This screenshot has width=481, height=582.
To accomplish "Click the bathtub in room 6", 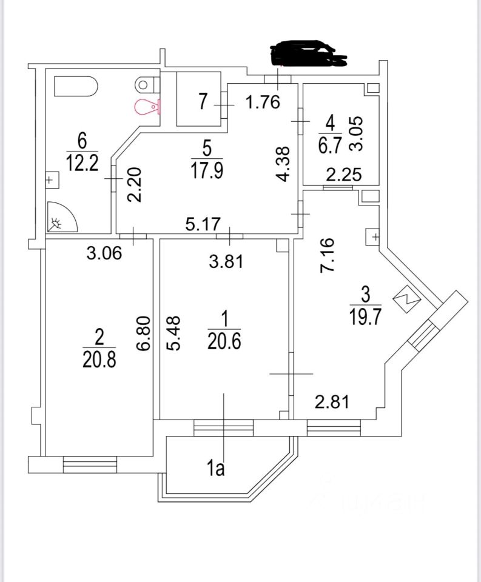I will tap(76, 86).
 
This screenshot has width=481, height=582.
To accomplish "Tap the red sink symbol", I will tap(147, 107).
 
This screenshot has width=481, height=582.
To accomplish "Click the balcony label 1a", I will tap(215, 469).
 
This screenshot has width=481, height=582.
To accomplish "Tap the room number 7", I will tap(203, 101).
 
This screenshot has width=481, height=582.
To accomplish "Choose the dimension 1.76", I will tap(263, 102).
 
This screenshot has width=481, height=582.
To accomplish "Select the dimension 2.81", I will tap(331, 401).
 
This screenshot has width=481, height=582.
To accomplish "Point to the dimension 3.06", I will tap(104, 253).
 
